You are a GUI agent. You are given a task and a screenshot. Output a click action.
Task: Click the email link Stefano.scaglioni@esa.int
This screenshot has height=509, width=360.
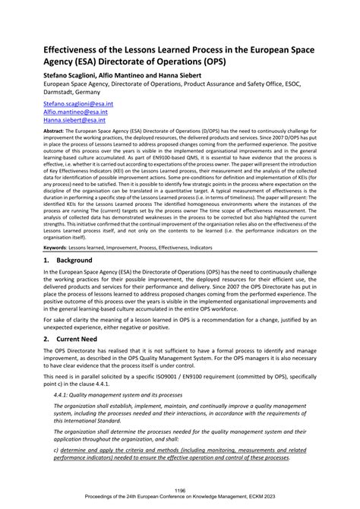pyautogui.click(x=75, y=101)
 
